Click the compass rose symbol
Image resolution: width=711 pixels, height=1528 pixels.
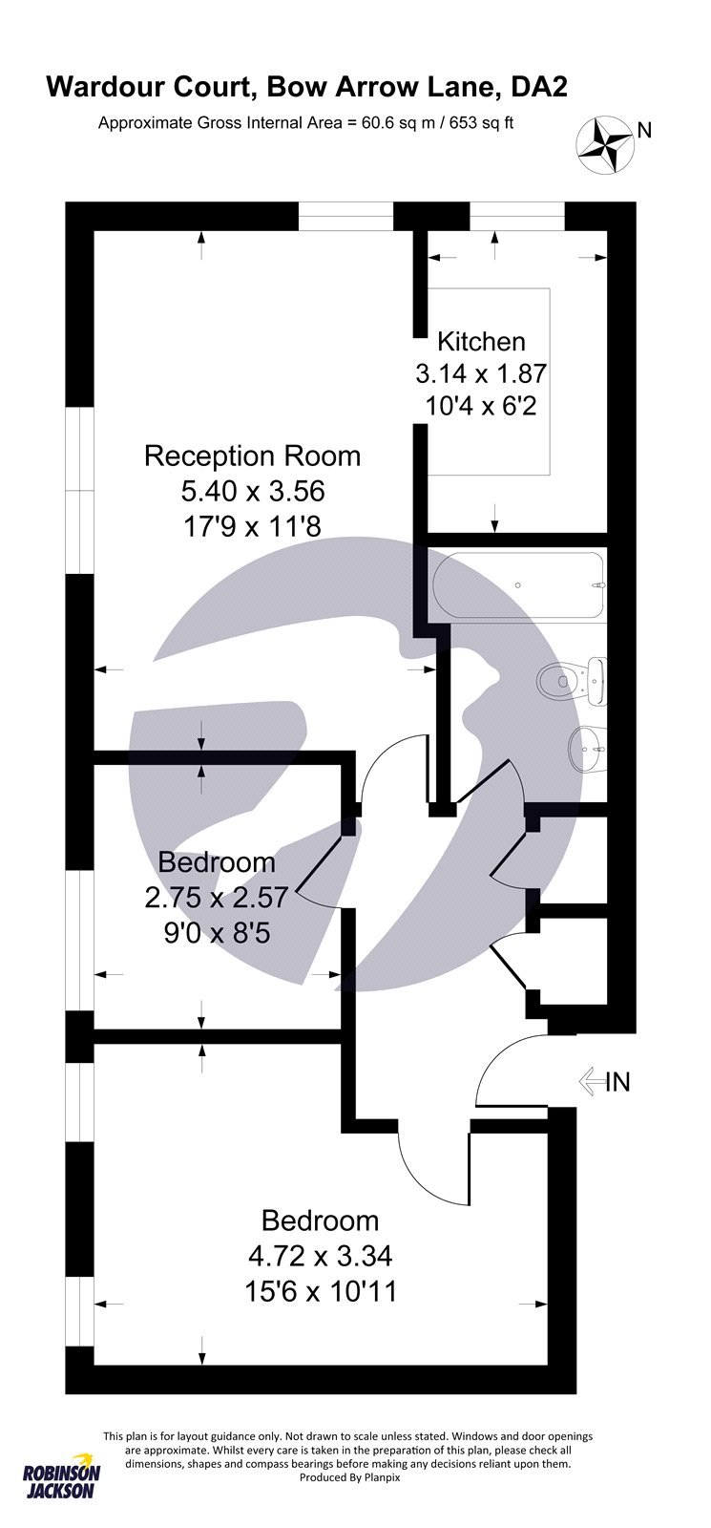606,145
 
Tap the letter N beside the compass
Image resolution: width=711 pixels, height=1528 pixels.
644,131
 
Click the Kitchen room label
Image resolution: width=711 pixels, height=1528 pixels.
481,341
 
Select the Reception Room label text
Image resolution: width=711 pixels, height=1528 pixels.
252,456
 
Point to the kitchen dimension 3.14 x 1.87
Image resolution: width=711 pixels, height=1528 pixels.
481,373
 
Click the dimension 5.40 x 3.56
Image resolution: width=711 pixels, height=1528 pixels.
252,491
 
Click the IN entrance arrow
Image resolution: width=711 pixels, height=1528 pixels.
591,1082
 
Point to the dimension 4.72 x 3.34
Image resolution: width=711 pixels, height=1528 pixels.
320,1255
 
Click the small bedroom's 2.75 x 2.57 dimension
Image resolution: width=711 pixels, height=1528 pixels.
217,897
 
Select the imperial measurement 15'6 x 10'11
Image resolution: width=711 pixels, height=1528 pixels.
320,1291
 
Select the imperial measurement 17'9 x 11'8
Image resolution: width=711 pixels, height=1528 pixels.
252,526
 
